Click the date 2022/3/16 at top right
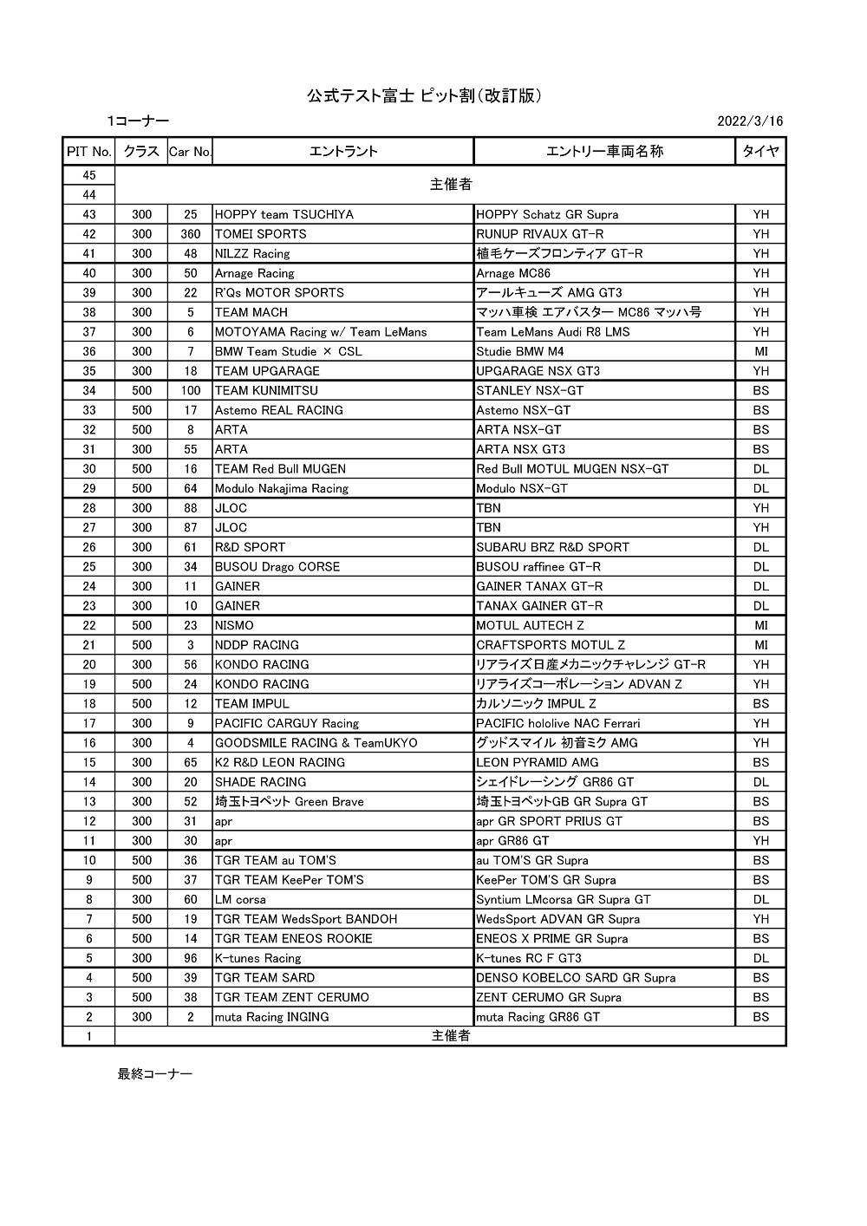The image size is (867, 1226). (750, 121)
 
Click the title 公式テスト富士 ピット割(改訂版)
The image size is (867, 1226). (425, 95)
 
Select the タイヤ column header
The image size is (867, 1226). (760, 151)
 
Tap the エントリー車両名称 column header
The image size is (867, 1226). (604, 151)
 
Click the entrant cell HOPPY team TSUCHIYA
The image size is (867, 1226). (284, 214)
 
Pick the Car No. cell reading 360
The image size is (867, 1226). (191, 234)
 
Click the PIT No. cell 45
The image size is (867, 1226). (88, 175)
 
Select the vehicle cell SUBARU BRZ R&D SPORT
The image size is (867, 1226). (553, 547)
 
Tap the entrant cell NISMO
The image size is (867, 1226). (234, 625)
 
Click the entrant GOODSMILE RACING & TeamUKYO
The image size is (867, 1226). (316, 743)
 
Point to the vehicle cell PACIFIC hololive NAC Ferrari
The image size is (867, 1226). (558, 723)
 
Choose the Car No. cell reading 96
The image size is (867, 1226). (191, 958)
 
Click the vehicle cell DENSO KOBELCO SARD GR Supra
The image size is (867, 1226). (576, 978)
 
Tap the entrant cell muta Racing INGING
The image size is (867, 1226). (272, 1017)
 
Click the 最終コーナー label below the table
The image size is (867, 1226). (155, 1074)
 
